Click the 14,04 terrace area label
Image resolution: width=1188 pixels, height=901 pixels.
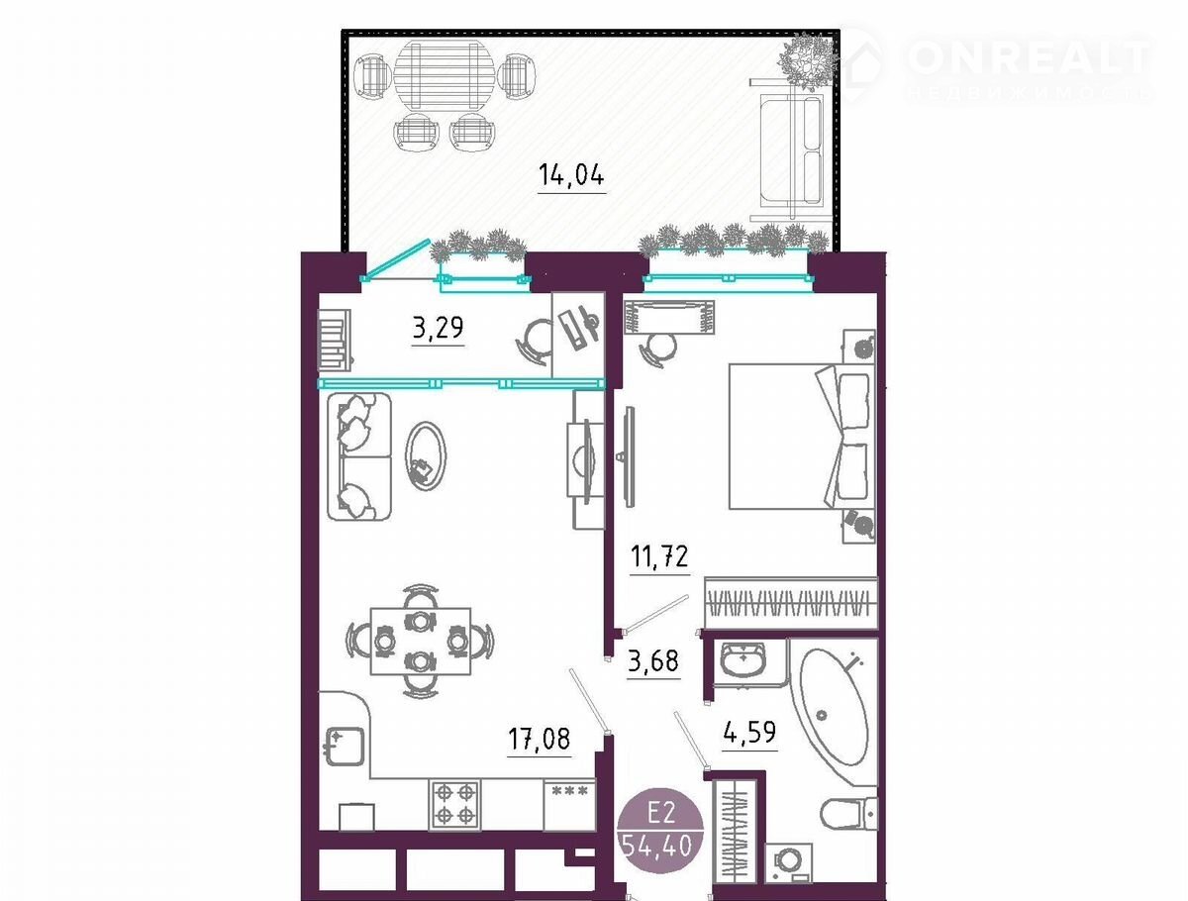click(571, 175)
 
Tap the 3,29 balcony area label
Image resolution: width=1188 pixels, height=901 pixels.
click(438, 328)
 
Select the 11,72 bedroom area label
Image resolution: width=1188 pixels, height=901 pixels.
click(659, 555)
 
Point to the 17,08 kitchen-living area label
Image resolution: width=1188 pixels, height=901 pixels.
click(540, 738)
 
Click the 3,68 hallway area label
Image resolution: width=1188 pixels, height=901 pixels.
click(653, 660)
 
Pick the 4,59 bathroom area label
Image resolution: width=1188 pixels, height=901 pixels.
click(749, 732)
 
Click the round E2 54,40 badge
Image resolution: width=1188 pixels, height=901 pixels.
click(660, 830)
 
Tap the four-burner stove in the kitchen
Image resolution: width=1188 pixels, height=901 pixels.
click(454, 804)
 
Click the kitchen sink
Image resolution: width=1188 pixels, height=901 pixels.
click(345, 747)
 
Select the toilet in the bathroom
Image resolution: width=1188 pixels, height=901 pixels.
click(848, 813)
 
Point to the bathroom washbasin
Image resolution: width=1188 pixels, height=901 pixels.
click(744, 658)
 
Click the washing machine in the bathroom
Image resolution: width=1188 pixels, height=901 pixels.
click(789, 863)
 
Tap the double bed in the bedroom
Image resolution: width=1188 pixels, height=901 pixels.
click(802, 437)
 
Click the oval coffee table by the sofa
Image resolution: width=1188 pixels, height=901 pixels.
click(426, 456)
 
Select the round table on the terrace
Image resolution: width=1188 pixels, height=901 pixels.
click(445, 76)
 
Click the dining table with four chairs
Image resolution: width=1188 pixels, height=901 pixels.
click(421, 642)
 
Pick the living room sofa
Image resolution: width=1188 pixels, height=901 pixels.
click(358, 456)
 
